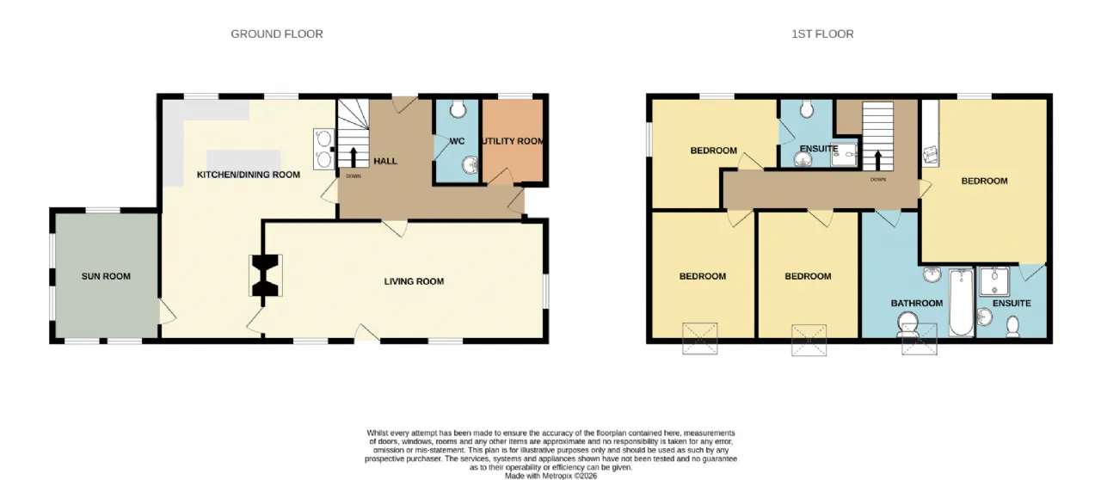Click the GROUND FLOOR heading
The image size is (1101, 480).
(x=277, y=34)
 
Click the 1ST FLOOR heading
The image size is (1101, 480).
(x=822, y=34)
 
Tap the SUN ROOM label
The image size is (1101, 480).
(x=106, y=276)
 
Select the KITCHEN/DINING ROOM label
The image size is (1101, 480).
(x=249, y=175)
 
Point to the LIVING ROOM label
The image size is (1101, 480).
(x=414, y=281)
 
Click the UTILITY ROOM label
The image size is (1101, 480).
(x=513, y=141)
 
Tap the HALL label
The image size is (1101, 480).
(x=385, y=162)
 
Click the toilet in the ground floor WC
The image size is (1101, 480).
(x=458, y=108)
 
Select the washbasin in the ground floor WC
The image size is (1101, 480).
(x=470, y=165)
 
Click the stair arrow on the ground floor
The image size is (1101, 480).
(x=353, y=157)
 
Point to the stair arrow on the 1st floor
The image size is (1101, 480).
(x=878, y=160)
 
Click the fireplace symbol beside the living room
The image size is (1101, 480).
(x=266, y=275)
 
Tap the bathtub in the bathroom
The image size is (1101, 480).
(x=961, y=303)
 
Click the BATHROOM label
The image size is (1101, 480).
(x=917, y=303)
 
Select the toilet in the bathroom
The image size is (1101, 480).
(x=907, y=325)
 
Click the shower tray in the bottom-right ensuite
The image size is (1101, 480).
(x=993, y=281)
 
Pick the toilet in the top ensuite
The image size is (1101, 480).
(x=807, y=109)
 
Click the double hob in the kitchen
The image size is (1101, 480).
(x=324, y=149)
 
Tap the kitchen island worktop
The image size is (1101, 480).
(x=243, y=160)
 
